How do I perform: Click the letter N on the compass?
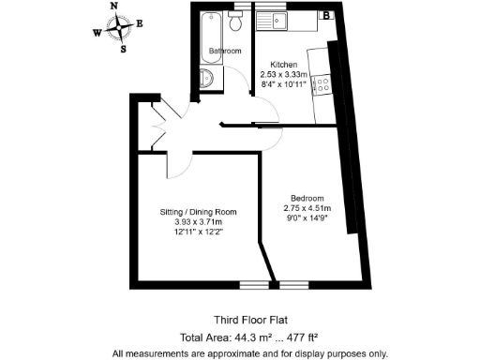pyautogui.click(x=114, y=6)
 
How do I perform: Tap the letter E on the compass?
pyautogui.click(x=140, y=23)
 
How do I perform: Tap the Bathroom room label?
pyautogui.click(x=225, y=51)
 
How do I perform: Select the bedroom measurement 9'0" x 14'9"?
pyautogui.click(x=307, y=217)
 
